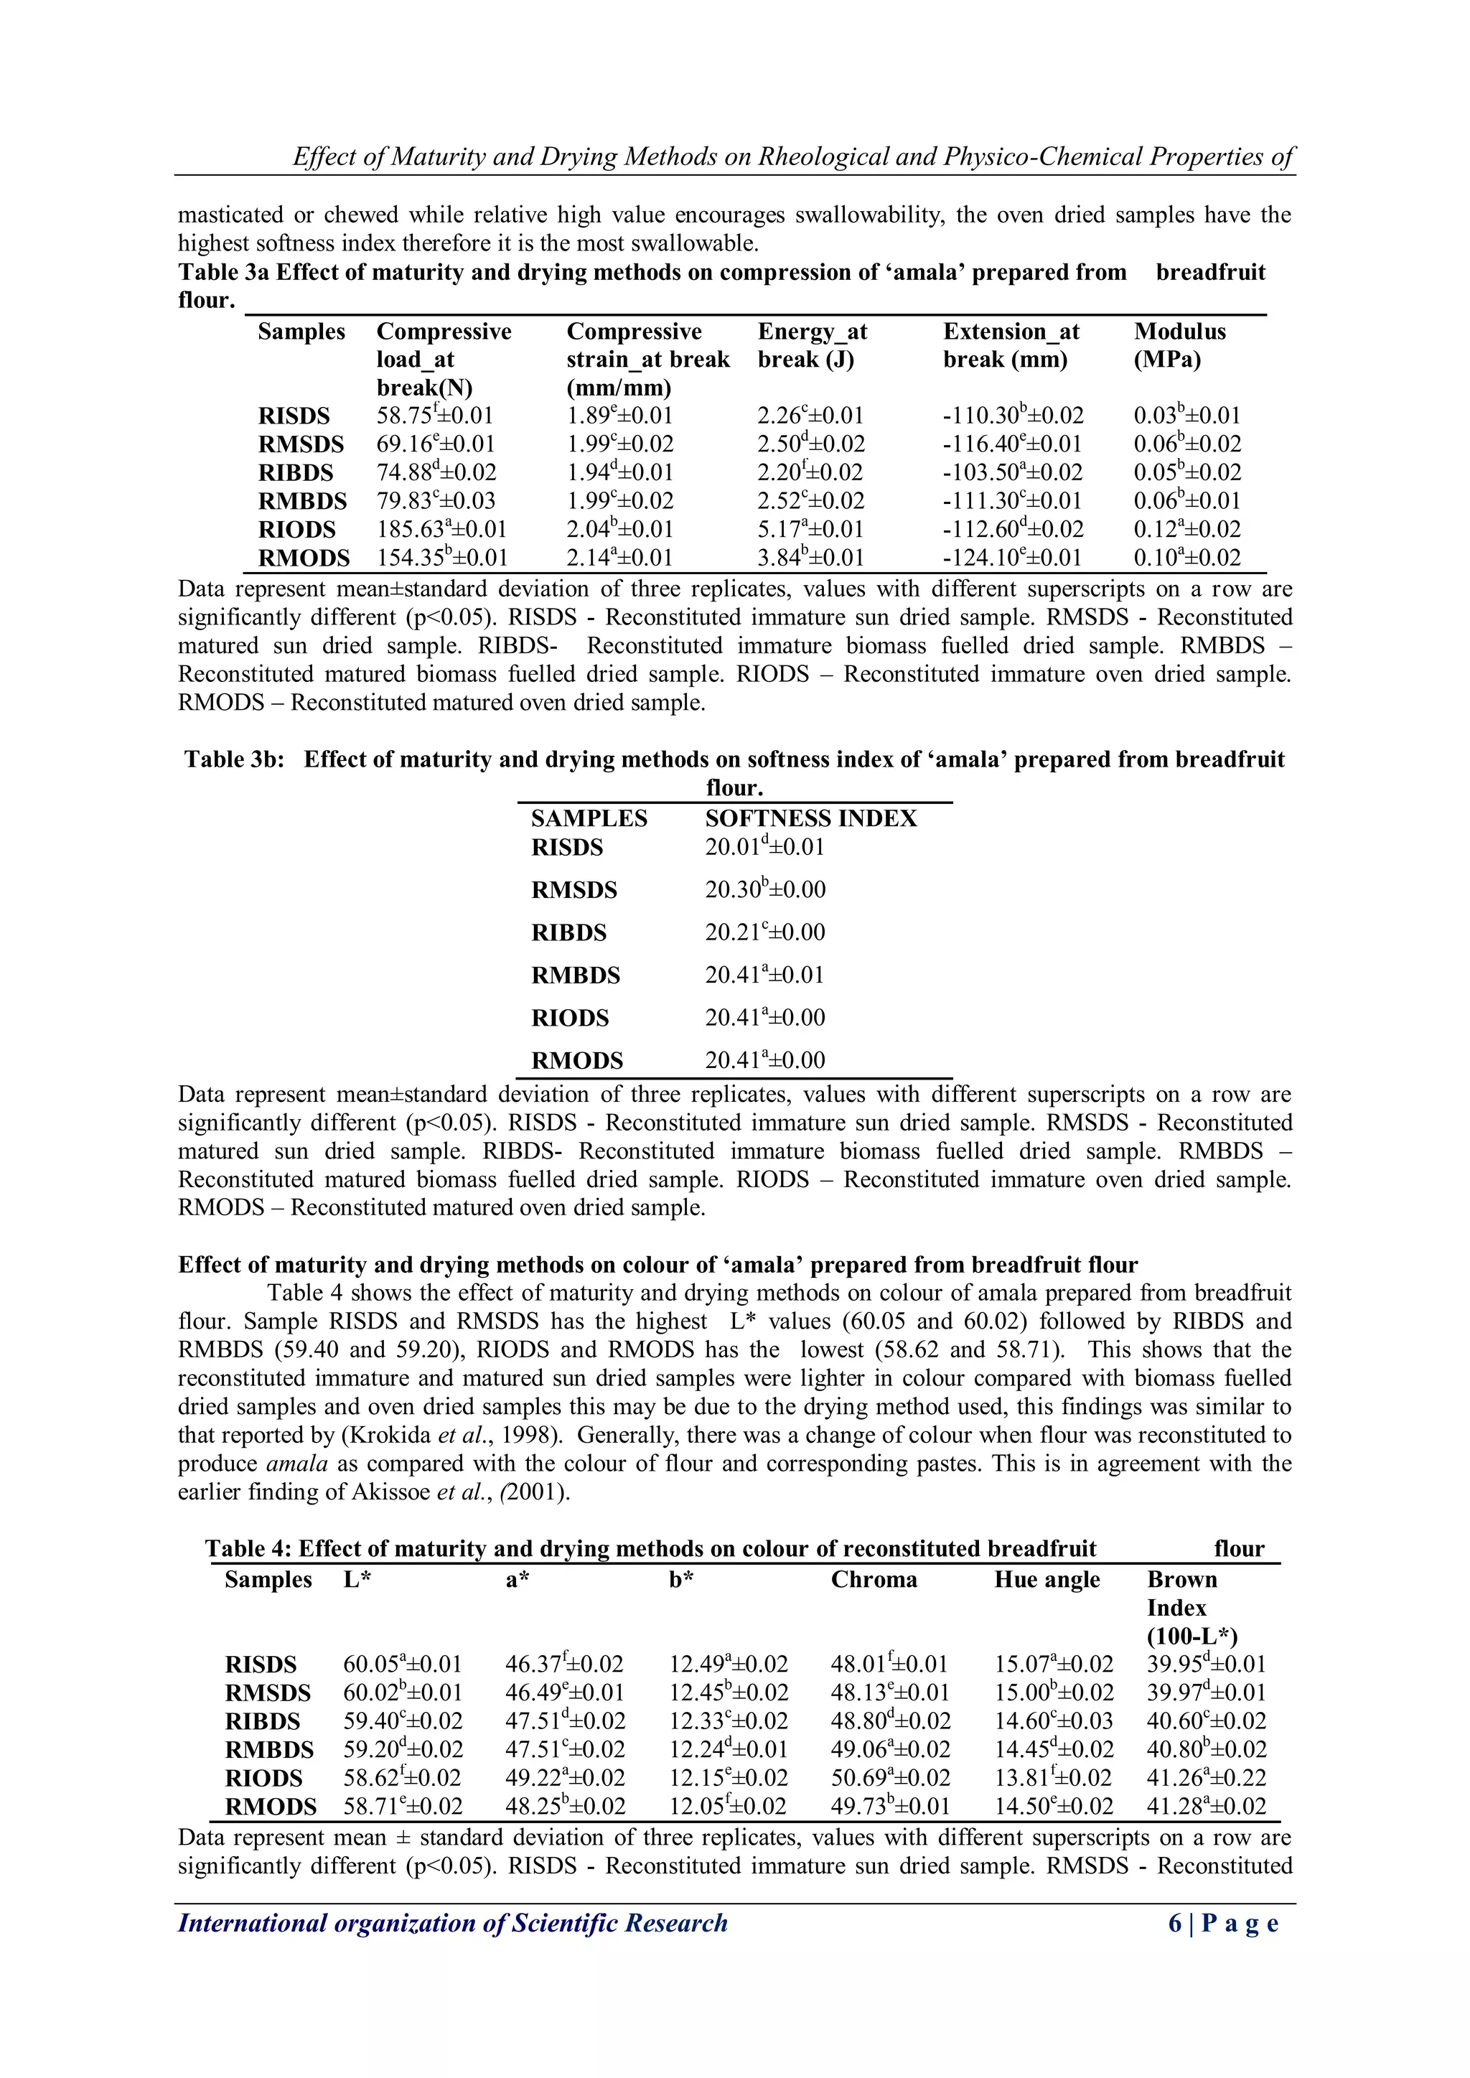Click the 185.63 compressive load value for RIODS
[441, 530]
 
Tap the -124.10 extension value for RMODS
[1012, 558]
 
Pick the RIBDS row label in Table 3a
[295, 472]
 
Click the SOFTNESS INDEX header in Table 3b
[810, 818]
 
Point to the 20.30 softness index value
[765, 889]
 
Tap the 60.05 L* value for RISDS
[402, 1665]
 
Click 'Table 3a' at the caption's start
[223, 273]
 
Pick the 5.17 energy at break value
[810, 530]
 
